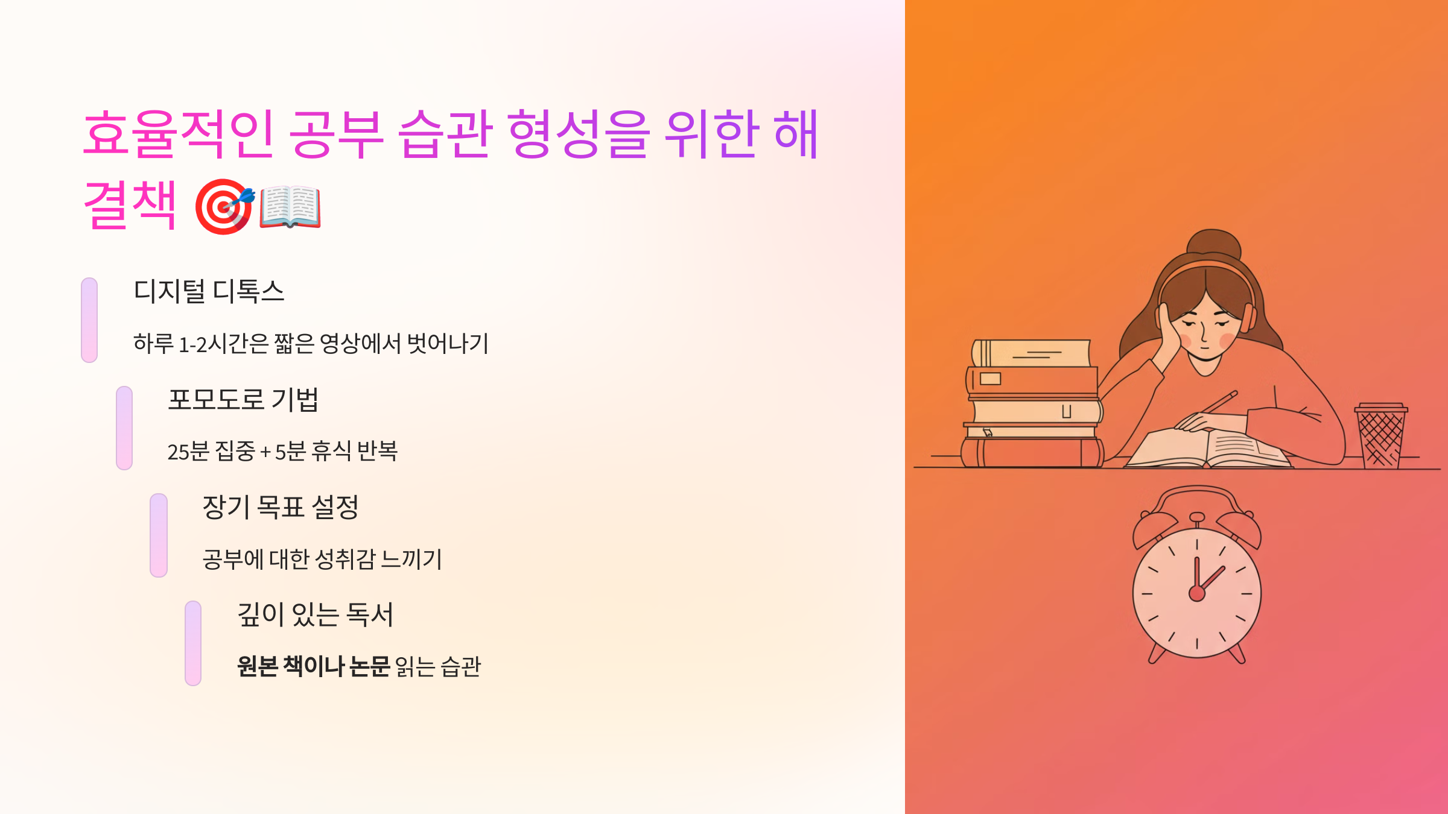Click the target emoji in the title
[x=224, y=206]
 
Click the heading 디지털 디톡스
[x=209, y=291]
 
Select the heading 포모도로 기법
[x=243, y=399]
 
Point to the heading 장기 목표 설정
[x=281, y=507]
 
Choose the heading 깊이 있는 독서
[x=315, y=614]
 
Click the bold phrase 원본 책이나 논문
[x=313, y=666]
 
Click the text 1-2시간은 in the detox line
[x=224, y=344]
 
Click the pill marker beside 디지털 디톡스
[x=89, y=320]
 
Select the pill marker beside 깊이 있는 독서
[x=193, y=643]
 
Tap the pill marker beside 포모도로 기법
[x=124, y=428]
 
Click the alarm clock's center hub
[x=1197, y=594]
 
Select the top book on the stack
[x=1032, y=353]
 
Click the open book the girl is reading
[x=1207, y=449]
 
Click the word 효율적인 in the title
[x=179, y=134]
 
